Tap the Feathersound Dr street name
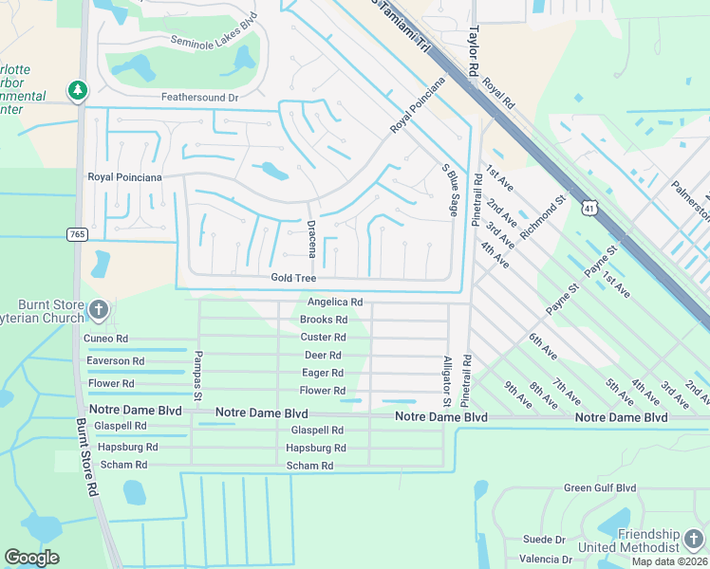click(x=199, y=97)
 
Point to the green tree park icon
click(x=77, y=90)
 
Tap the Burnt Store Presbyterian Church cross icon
click(x=99, y=309)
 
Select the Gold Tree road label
click(x=293, y=277)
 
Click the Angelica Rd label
click(x=335, y=302)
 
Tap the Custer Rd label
click(x=323, y=337)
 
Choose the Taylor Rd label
click(x=471, y=50)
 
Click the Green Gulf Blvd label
click(x=599, y=488)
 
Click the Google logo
click(x=31, y=558)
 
